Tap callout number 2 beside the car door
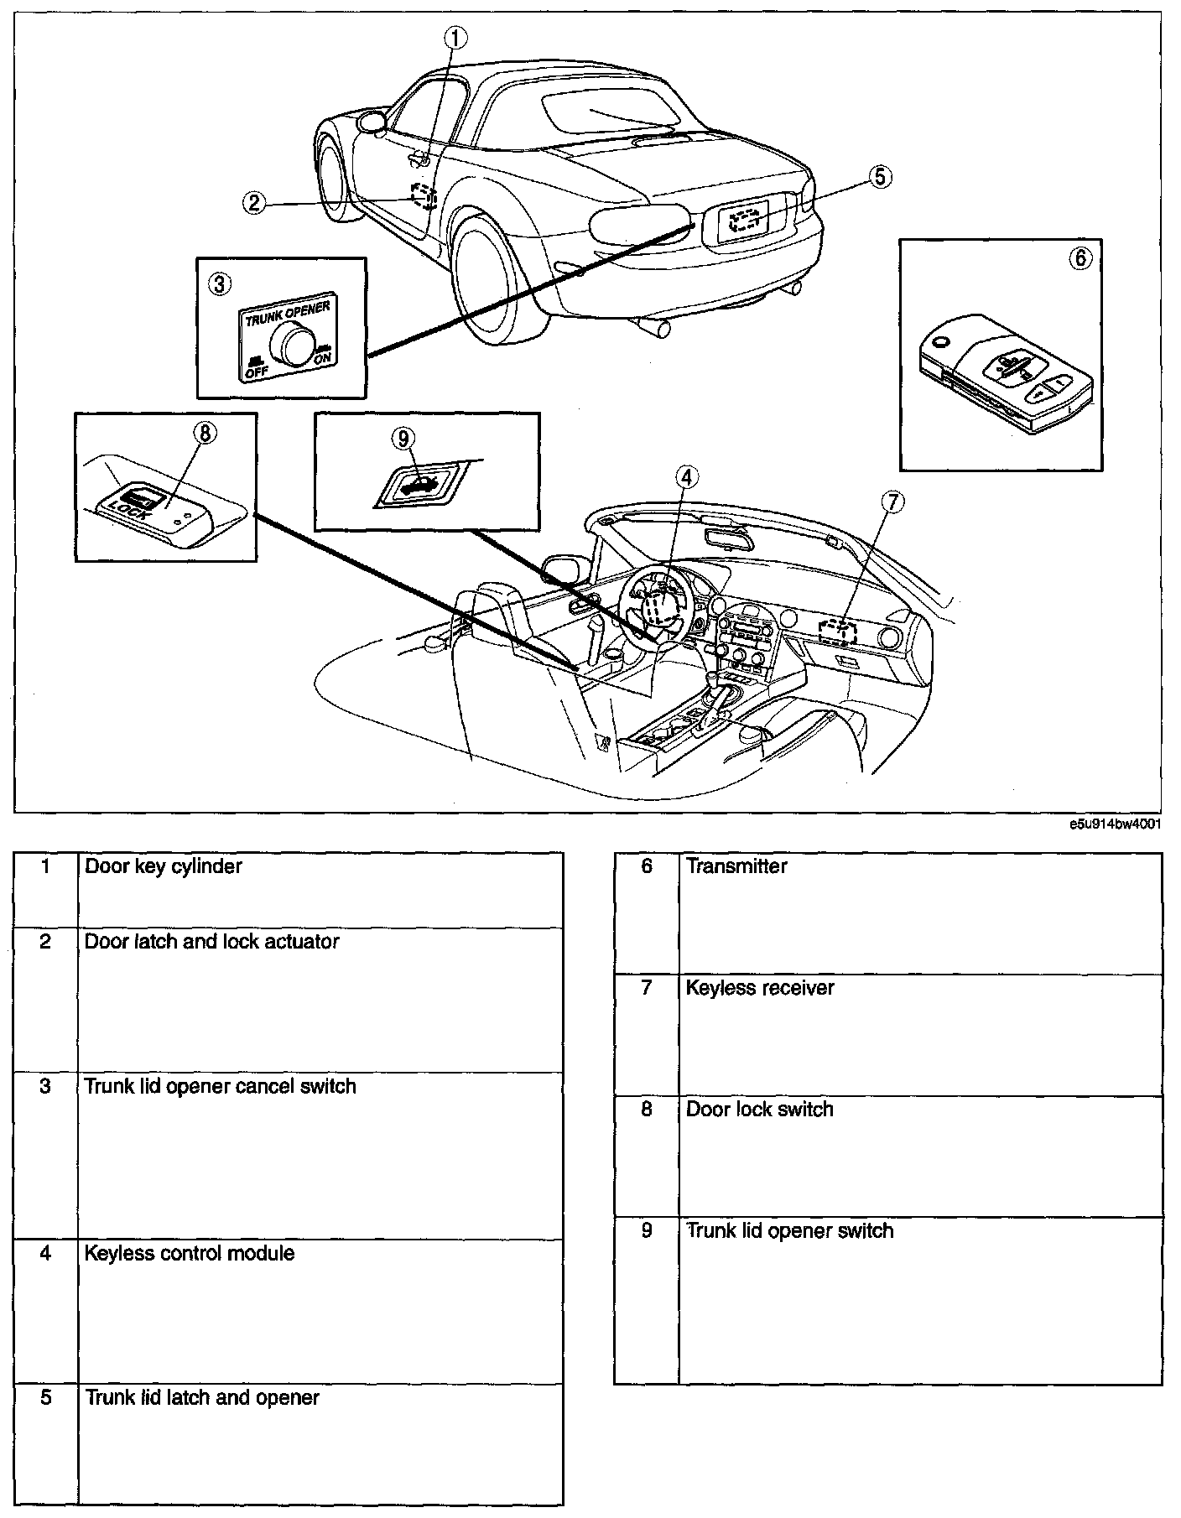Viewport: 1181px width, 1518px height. [255, 202]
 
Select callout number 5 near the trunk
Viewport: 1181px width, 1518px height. [879, 177]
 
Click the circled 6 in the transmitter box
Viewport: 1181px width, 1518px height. [1080, 258]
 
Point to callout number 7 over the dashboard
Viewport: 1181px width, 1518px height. [892, 502]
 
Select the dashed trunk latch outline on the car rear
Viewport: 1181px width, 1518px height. [744, 220]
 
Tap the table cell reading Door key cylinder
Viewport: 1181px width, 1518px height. [164, 866]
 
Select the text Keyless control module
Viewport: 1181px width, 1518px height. [190, 1253]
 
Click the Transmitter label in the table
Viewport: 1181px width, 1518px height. [736, 866]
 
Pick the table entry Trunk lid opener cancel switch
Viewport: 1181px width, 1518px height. [220, 1086]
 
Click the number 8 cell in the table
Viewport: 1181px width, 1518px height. [646, 1109]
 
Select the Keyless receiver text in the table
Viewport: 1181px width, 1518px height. [760, 988]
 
